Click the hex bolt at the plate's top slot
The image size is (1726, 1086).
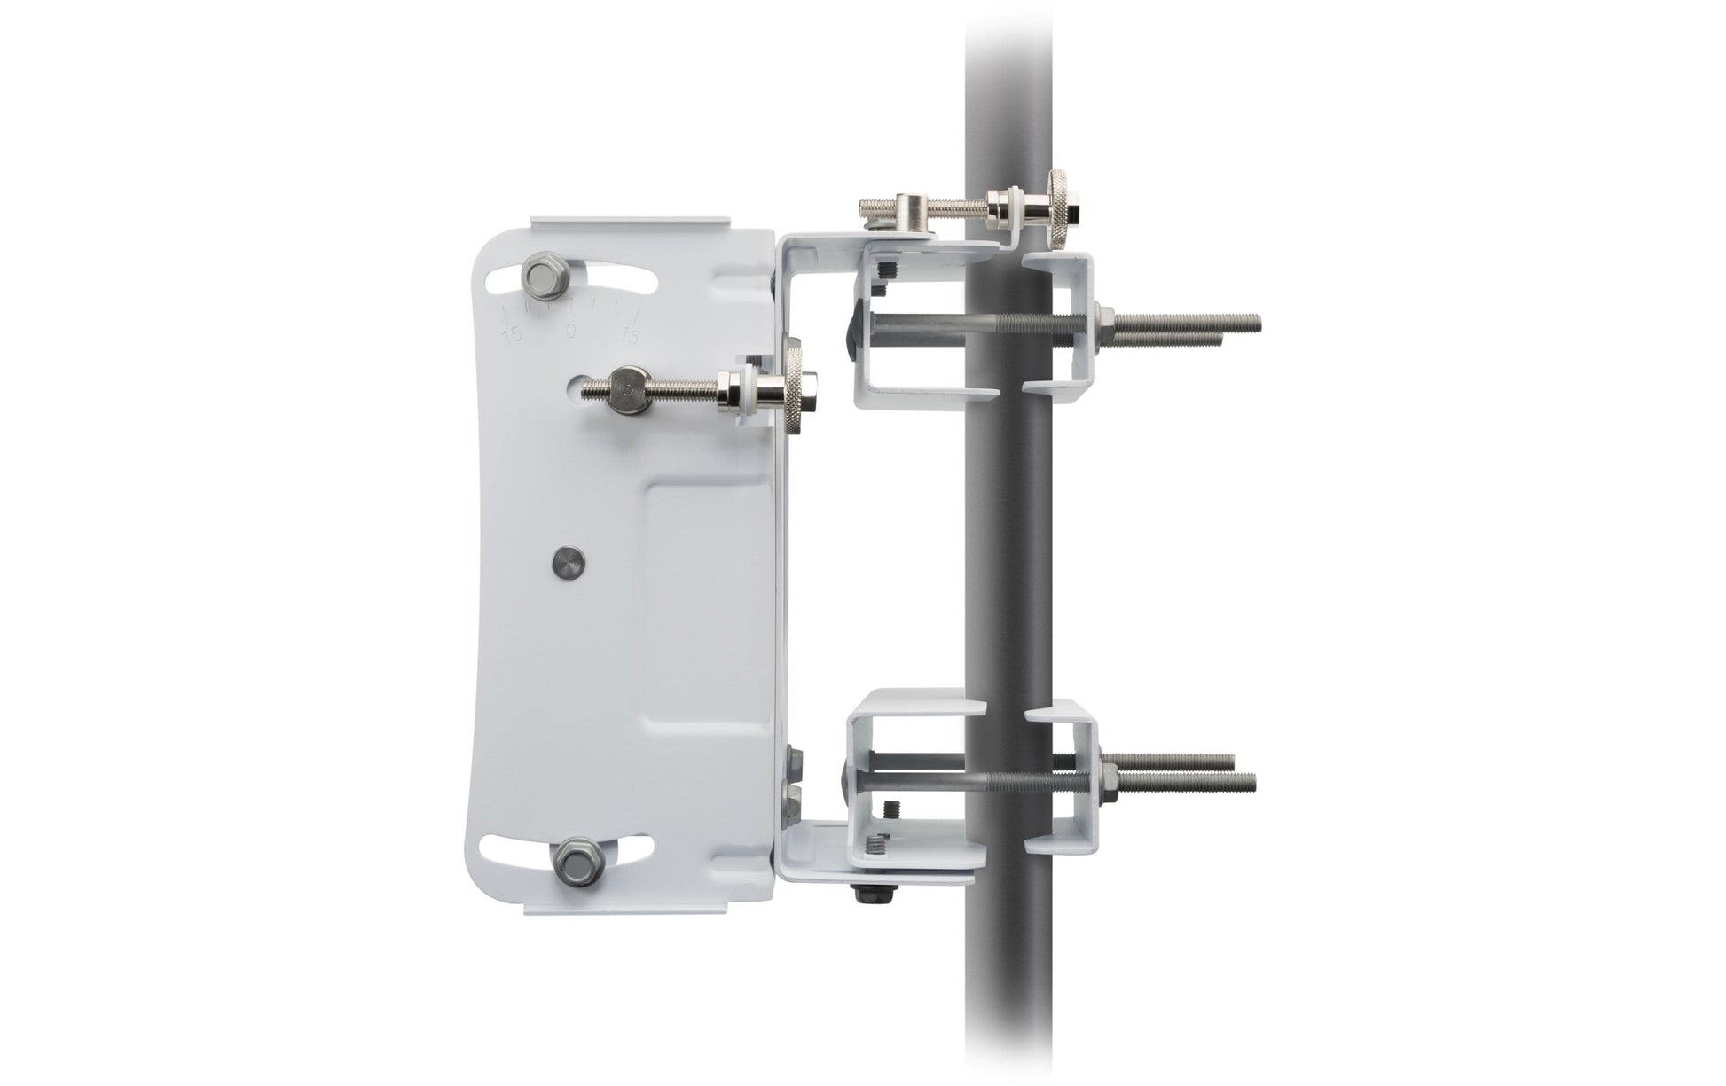tap(540, 277)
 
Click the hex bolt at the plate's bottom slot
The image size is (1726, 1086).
tap(569, 860)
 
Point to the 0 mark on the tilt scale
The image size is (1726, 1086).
tap(570, 331)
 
